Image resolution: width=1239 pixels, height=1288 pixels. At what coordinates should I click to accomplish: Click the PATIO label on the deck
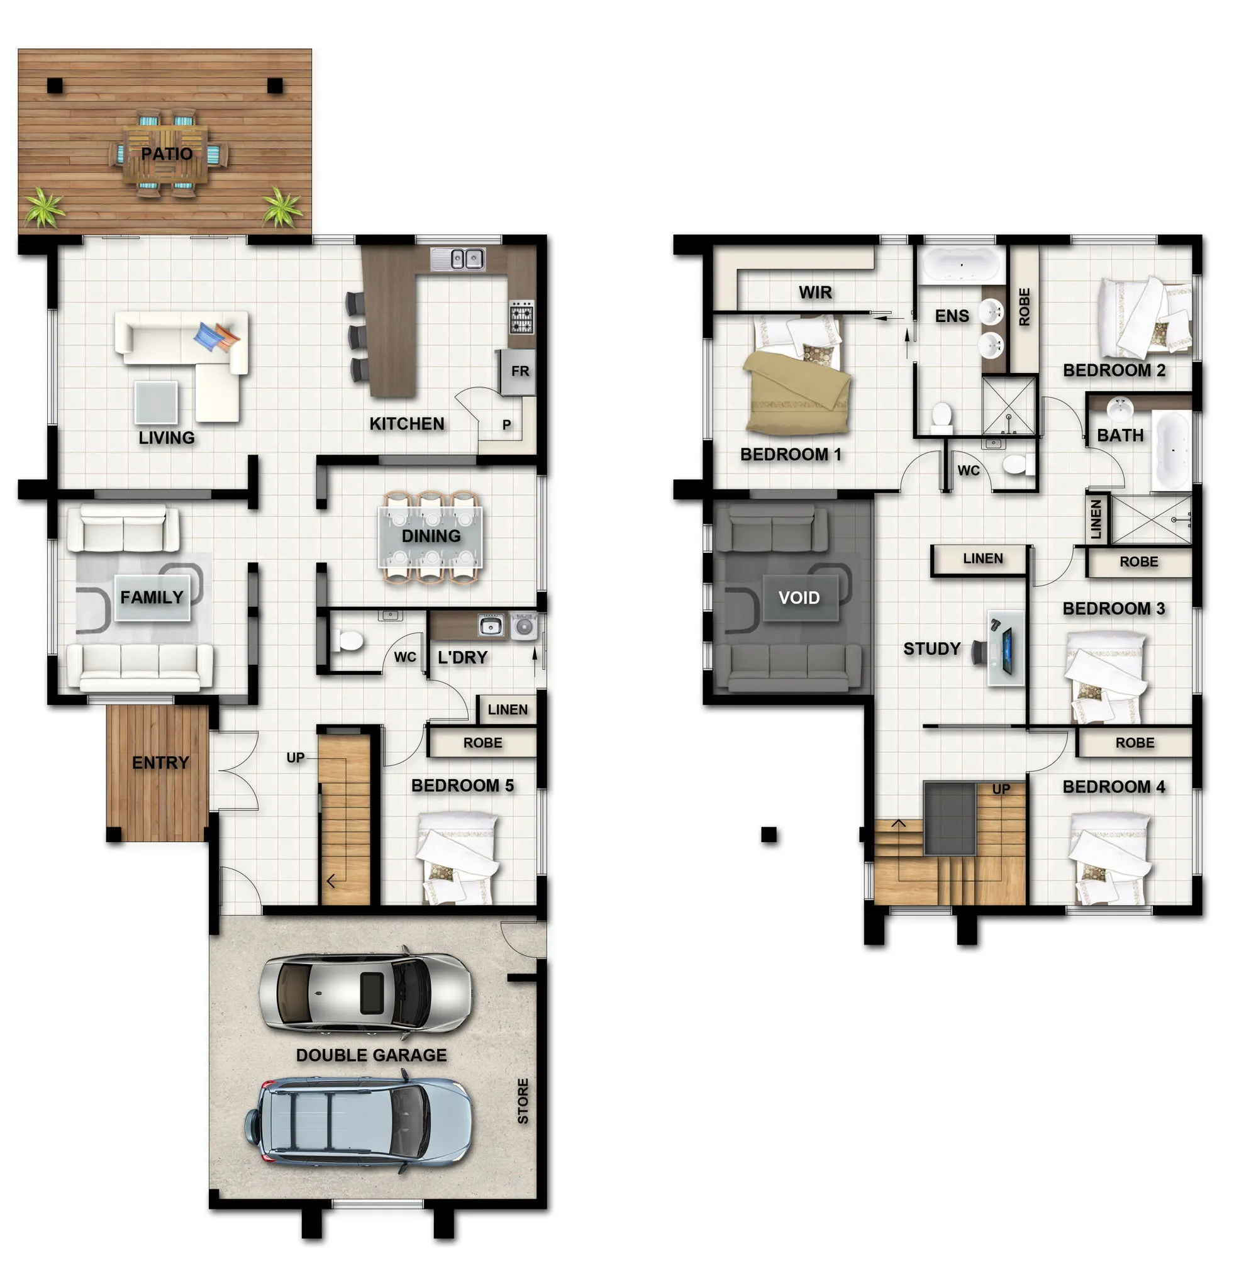[167, 154]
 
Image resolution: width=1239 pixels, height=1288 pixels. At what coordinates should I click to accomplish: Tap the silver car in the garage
[365, 991]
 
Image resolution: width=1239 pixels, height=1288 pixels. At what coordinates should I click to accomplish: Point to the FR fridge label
[520, 371]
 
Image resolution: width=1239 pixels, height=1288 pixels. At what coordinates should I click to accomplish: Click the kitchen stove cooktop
[521, 318]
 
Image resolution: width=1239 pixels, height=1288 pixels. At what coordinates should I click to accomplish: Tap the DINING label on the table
[431, 536]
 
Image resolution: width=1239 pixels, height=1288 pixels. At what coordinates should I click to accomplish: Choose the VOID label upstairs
[799, 597]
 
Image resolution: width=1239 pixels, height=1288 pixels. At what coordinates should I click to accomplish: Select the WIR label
[815, 292]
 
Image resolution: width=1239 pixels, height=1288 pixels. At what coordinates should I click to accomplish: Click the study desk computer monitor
[1006, 645]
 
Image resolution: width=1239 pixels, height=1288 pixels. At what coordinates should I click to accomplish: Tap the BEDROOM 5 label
[462, 786]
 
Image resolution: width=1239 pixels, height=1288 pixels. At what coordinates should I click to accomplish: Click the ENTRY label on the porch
[160, 762]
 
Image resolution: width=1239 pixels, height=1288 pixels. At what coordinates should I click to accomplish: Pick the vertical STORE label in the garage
[523, 1101]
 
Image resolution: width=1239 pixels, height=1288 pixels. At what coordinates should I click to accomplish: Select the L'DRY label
[463, 657]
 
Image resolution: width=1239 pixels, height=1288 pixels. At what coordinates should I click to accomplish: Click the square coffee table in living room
[156, 402]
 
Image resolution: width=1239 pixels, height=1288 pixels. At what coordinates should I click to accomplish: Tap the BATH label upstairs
[1120, 435]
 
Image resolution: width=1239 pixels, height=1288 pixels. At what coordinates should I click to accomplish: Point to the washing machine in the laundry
[524, 626]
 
